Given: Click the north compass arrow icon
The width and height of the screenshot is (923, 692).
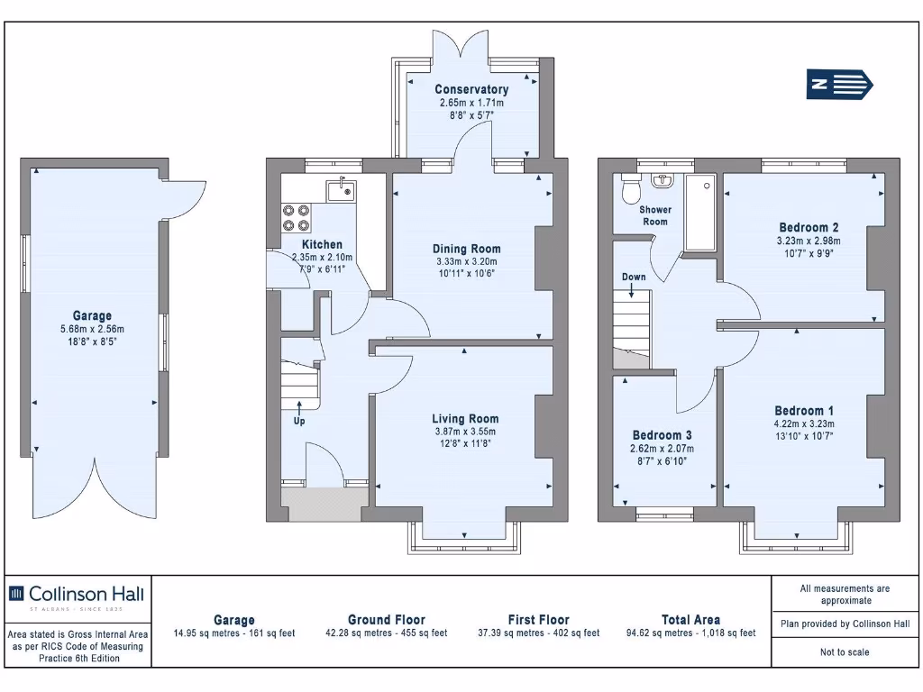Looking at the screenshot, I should [x=839, y=85].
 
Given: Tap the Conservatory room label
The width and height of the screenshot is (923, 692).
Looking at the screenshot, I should [x=471, y=89].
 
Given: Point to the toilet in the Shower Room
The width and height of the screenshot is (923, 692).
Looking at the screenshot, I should [x=630, y=190].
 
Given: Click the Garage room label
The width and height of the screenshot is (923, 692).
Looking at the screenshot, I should [x=92, y=315].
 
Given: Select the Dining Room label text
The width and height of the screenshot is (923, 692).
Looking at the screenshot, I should [x=466, y=249].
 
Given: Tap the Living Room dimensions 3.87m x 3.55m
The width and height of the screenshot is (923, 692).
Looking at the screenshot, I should [x=465, y=432].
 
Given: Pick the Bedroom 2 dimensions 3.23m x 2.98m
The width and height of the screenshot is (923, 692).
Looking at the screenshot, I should [x=809, y=241].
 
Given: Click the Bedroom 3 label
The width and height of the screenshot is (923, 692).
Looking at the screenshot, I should [x=662, y=434].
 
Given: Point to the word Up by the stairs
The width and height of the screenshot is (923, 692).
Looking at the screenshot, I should [x=299, y=421].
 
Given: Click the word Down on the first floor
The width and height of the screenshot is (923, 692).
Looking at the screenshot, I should [x=634, y=277].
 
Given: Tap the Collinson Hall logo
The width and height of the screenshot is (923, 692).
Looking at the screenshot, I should [x=77, y=594].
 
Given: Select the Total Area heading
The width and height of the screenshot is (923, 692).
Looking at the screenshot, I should [x=690, y=620].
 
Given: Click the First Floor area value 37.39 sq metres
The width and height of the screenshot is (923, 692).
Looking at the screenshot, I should [x=538, y=633].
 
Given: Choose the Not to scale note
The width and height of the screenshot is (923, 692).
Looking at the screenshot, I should [x=845, y=652].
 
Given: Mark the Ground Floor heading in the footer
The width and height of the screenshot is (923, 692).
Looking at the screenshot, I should [x=386, y=620].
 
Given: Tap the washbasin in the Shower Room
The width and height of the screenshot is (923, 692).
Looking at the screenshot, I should [x=663, y=179].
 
